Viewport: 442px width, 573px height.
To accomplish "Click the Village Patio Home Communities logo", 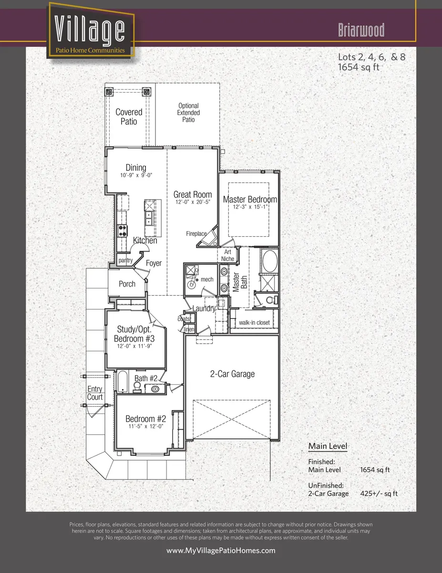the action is [x=90, y=31].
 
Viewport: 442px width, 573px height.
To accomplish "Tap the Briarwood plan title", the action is [x=361, y=30].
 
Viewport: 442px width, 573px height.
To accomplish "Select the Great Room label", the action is [x=193, y=194].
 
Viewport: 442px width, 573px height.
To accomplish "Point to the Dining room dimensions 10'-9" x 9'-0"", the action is [x=136, y=175].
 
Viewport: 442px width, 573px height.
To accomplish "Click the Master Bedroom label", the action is [x=250, y=199].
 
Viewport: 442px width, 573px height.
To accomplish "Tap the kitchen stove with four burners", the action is [x=122, y=231].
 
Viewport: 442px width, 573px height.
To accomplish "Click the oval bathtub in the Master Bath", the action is [x=270, y=261].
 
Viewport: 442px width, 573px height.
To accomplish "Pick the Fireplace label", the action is [x=196, y=233].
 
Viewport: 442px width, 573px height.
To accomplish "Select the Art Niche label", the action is [x=227, y=255].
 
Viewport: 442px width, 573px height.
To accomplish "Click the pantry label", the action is [x=125, y=261].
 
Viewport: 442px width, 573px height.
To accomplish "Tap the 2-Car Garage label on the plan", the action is [x=232, y=374].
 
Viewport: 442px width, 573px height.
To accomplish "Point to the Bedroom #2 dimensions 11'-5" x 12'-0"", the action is [x=146, y=426].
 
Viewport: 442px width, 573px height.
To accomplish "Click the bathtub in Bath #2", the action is [x=123, y=382].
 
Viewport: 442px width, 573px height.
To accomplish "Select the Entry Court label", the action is [x=95, y=393].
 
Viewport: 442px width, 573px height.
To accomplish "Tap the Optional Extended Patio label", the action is [x=188, y=113].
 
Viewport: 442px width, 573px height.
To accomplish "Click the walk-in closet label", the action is [x=254, y=322].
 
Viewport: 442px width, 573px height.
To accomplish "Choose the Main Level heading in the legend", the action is [x=328, y=446].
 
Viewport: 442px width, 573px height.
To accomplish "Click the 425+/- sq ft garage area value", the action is [x=379, y=493].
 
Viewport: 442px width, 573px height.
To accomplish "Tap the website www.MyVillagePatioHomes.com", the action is [x=221, y=551].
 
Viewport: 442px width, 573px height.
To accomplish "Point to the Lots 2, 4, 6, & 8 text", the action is [x=372, y=57].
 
